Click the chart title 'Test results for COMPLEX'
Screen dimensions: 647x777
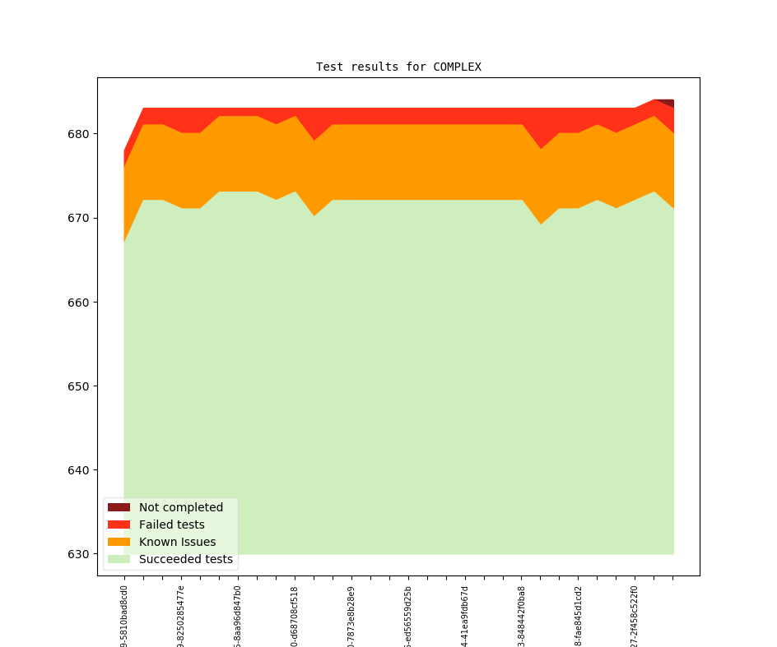click(398, 67)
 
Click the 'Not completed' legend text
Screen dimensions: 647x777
click(181, 507)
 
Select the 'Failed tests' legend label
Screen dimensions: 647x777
click(172, 525)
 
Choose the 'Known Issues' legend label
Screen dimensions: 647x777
click(177, 542)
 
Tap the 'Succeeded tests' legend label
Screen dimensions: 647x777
click(186, 559)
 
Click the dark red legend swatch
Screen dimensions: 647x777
click(119, 507)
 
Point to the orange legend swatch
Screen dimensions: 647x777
click(119, 542)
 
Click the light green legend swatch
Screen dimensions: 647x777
click(119, 559)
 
